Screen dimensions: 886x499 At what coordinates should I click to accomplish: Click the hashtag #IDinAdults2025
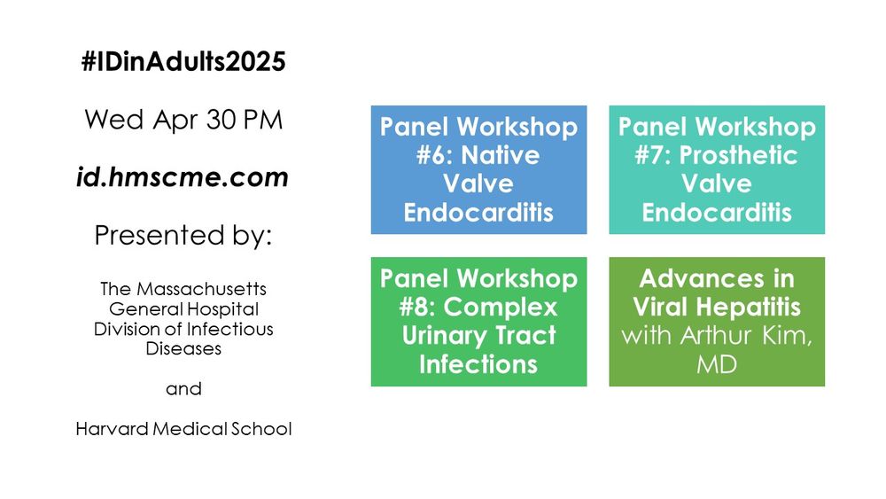[x=183, y=61]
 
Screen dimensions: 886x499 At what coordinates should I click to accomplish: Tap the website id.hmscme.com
[x=183, y=177]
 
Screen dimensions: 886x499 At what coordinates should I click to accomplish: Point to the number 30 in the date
[x=221, y=120]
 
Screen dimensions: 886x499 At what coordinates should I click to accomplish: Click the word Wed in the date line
[x=114, y=120]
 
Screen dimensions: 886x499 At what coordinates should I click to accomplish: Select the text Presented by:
[x=183, y=235]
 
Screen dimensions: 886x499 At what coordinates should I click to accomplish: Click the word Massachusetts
[x=201, y=289]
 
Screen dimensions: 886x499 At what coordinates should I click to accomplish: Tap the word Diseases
[x=183, y=348]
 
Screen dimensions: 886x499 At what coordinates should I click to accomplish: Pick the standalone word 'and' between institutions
[x=183, y=389]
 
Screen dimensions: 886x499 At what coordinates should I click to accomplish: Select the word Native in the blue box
[x=500, y=155]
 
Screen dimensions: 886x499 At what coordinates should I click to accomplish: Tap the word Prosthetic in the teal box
[x=738, y=155]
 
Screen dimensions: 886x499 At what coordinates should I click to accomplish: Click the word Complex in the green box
[x=500, y=308]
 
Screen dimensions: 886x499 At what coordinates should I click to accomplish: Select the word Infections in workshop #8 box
[x=478, y=364]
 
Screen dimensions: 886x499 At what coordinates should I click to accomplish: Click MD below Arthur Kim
[x=717, y=364]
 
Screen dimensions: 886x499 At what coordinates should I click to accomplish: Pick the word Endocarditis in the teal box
[x=717, y=213]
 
